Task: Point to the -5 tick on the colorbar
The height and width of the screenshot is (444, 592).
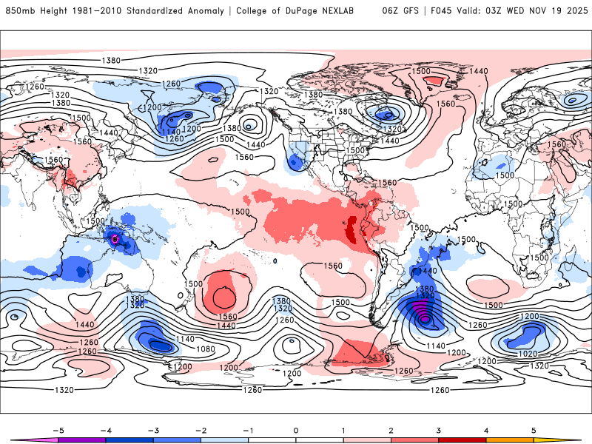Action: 58,429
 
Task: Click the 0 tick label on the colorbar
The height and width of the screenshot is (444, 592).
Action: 296,429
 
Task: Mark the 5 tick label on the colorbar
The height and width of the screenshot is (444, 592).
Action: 534,429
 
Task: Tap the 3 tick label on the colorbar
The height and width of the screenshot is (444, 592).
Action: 438,429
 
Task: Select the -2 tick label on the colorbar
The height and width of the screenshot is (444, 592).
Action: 201,429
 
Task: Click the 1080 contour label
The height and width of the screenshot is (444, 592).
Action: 206,349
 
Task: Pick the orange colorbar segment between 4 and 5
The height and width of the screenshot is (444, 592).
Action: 510,440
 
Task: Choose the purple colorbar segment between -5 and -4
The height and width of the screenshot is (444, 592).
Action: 82,440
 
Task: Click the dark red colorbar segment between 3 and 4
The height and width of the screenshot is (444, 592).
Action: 462,440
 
